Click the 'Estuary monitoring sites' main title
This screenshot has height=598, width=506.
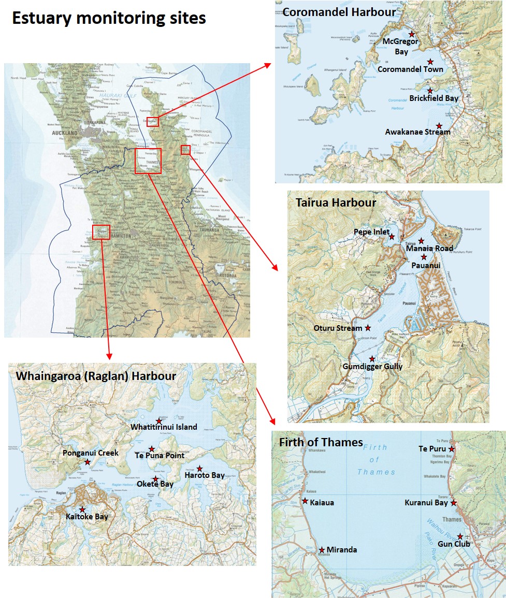pos(109,18)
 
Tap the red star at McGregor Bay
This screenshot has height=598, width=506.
pos(412,34)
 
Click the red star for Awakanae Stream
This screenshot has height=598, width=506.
pos(439,125)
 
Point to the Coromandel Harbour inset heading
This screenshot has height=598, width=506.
pos(339,11)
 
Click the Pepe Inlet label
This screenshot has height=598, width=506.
pos(372,232)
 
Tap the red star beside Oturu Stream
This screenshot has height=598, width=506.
pos(368,328)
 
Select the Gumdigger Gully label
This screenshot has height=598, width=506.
pos(372,367)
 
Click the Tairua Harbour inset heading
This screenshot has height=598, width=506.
pos(336,202)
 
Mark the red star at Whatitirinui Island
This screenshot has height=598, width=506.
pos(159,421)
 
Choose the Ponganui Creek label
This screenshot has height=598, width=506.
pos(91,453)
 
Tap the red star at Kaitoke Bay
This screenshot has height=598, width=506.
pos(82,509)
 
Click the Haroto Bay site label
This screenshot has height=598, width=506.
pos(205,475)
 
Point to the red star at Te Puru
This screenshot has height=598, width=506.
pos(452,449)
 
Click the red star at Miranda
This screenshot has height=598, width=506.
pos(322,550)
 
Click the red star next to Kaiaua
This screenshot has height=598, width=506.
pos(305,501)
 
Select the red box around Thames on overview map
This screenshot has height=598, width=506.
pos(148,161)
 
